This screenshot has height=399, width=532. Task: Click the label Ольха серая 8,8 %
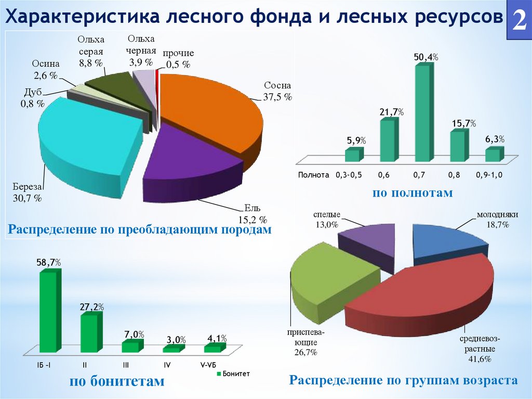pos(91,52)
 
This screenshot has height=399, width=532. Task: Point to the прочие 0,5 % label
pos(178,59)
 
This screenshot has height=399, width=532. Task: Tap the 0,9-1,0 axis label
pos(489,175)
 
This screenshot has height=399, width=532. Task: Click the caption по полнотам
pos(413,193)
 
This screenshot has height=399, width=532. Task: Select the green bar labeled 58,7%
pos(48,312)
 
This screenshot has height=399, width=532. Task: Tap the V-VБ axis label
pos(210,365)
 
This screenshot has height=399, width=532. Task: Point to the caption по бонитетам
pos(117,382)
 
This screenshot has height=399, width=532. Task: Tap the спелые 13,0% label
pos(326,220)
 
